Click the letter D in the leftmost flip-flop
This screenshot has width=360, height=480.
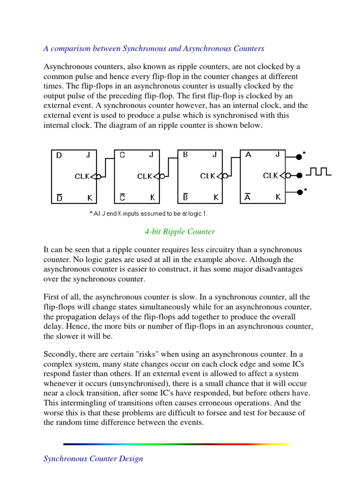pos(59,155)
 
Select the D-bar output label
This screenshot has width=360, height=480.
pos(59,198)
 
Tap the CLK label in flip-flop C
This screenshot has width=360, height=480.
pos(144,176)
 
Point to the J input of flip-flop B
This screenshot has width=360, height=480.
pos(214,155)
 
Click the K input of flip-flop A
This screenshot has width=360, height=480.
pos(278,198)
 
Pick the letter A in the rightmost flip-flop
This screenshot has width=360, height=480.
pos(248,155)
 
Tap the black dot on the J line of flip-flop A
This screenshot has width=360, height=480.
pos(299,157)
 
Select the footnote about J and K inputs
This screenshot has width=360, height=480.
pos(148,213)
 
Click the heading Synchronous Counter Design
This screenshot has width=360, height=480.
pos(93,458)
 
